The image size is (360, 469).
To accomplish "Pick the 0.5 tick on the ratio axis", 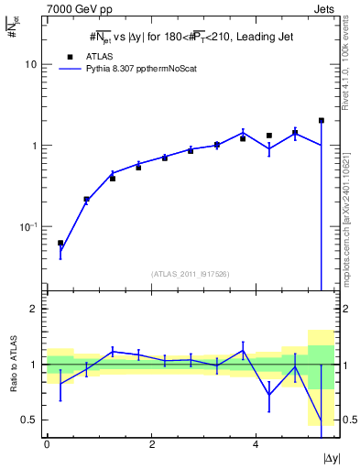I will point(31,420).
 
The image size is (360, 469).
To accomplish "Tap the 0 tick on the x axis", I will point(47,444).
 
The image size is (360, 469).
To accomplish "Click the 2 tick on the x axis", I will point(151,444).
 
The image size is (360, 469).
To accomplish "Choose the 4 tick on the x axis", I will point(256,444).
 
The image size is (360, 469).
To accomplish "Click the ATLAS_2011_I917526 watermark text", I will point(190,274).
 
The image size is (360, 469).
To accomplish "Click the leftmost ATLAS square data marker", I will point(60,244).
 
